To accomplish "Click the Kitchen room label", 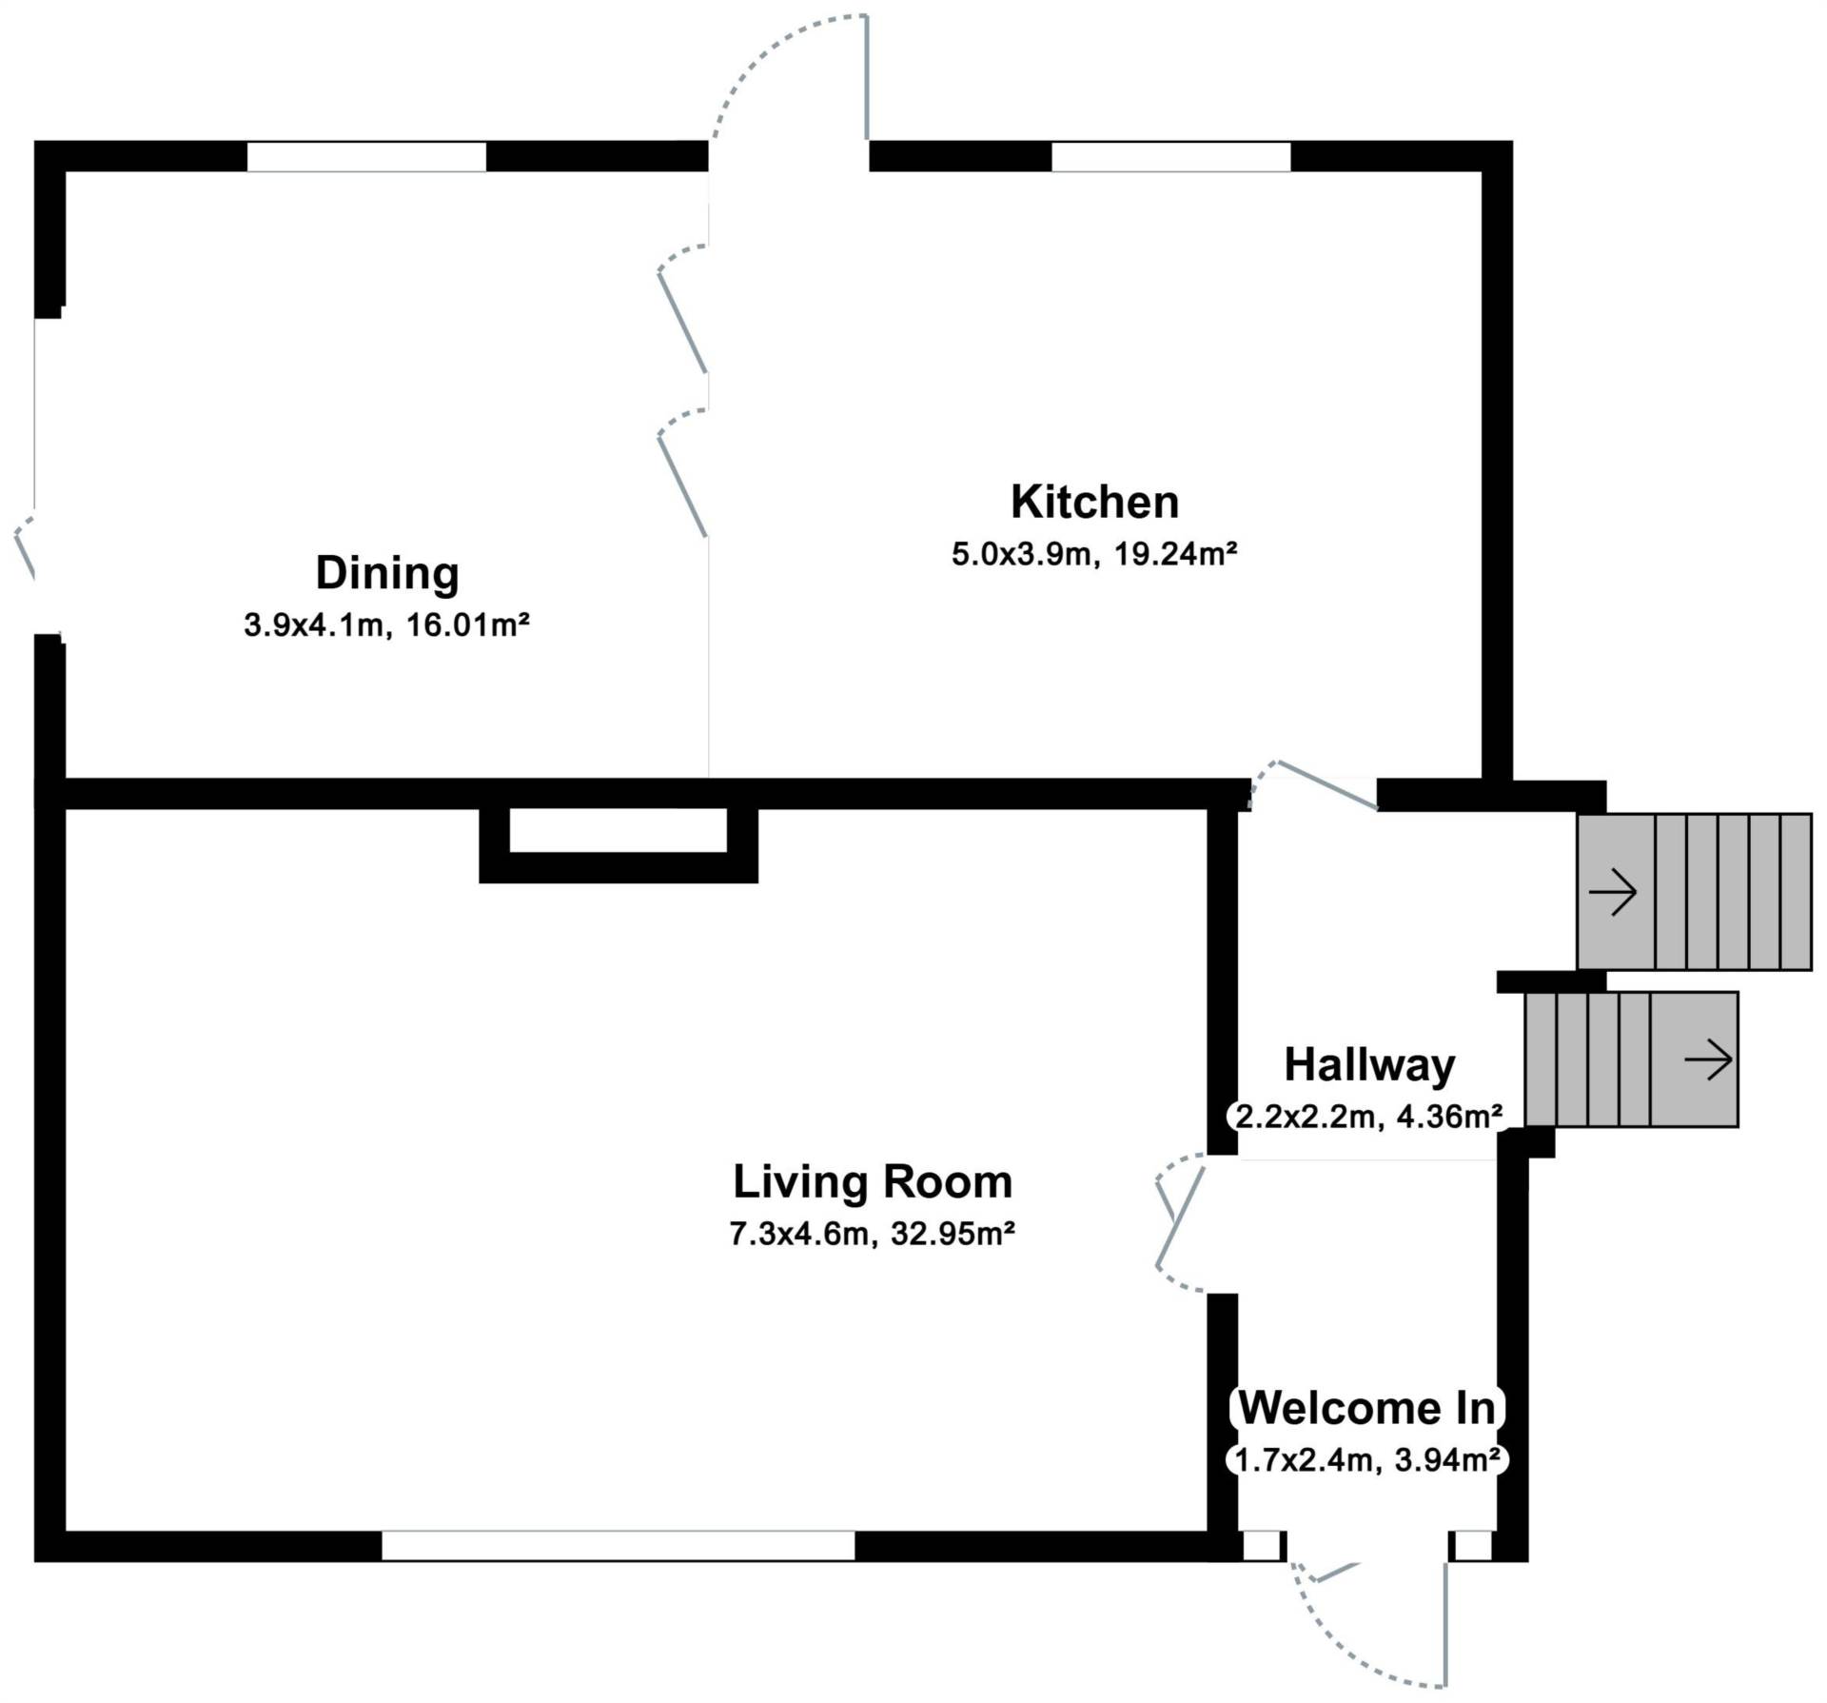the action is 1094,502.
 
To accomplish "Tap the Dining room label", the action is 387,573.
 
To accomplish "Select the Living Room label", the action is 873,1182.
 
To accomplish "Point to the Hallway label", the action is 1369,1065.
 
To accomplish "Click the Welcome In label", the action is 1367,1408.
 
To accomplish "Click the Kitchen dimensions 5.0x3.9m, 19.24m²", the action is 1094,554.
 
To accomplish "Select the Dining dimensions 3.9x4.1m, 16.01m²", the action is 386,625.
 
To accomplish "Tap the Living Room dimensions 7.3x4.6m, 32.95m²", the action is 873,1234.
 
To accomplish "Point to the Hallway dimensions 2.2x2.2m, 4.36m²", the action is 1369,1116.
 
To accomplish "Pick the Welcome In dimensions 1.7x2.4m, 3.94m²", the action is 1368,1459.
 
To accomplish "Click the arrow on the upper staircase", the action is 1613,893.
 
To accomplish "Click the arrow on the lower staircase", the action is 1708,1059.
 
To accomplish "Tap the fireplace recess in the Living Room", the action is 619,830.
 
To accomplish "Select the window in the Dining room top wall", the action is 366,157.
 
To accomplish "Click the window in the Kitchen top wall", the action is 1170,157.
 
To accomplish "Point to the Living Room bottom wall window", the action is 619,1546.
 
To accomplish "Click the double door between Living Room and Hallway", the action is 1180,1223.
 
